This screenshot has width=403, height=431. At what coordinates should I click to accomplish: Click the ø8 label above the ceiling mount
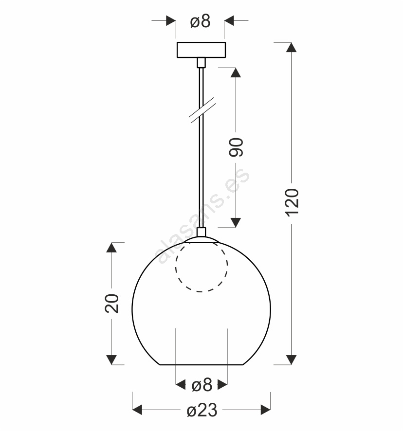[x=200, y=21]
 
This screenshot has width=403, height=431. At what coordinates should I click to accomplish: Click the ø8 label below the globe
[x=202, y=385]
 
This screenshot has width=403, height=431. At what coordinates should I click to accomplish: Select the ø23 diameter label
[x=202, y=410]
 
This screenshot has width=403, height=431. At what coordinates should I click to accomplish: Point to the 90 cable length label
[x=236, y=147]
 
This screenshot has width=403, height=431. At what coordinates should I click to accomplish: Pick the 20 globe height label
[x=111, y=303]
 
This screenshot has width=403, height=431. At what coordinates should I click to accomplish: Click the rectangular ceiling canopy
[x=201, y=50]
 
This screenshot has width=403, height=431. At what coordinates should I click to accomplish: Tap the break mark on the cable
[x=202, y=109]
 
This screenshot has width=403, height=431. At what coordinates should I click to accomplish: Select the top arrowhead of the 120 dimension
[x=292, y=47]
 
